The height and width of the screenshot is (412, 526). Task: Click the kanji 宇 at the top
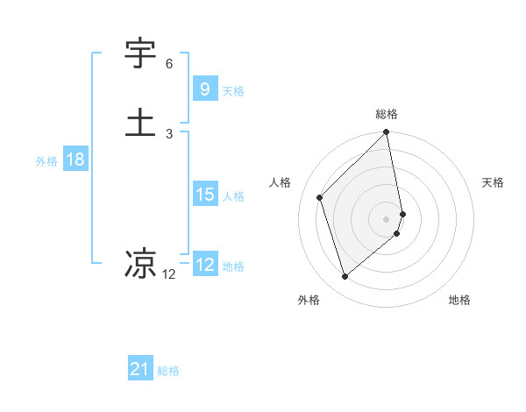141,54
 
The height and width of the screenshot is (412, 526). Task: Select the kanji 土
141,122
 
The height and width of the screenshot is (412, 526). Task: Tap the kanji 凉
141,262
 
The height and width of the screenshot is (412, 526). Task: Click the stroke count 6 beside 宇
169,64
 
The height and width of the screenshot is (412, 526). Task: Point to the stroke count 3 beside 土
169,133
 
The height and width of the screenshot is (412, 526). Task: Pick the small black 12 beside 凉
169,274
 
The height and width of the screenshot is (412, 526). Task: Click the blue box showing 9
204,89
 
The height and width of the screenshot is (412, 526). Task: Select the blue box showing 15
204,195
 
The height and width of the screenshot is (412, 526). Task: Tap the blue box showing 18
75,160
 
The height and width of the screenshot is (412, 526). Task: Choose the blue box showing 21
140,369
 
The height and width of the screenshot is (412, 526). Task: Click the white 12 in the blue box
205,264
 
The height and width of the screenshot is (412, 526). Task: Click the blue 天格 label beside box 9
233,90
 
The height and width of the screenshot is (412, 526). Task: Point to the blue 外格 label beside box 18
46,161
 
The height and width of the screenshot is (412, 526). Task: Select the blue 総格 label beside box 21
168,371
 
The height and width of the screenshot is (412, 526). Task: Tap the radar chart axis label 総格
387,114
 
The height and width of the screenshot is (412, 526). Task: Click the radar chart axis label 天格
494,182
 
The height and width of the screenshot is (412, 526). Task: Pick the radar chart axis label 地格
459,300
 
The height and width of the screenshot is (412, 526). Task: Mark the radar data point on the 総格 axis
387,133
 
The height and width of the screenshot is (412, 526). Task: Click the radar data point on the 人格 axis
320,197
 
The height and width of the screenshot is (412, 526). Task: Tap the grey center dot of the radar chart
387,218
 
